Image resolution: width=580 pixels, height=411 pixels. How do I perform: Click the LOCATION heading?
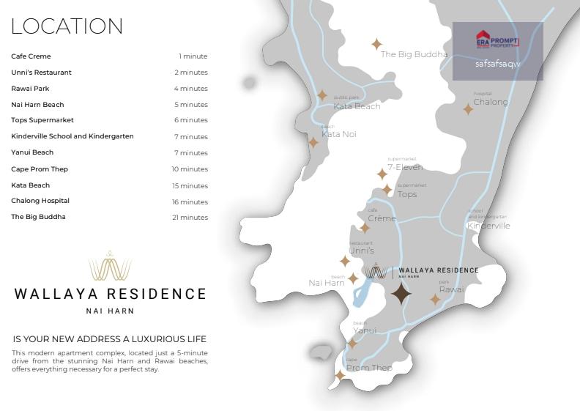67,26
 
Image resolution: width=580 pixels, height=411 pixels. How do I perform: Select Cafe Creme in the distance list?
31,56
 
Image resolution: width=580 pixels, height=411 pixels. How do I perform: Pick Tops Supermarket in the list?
42,120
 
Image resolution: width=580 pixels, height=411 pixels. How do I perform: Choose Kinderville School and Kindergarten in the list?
72,136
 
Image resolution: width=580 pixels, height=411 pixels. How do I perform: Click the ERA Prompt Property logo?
497,40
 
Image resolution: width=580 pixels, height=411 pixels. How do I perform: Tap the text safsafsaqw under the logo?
497,64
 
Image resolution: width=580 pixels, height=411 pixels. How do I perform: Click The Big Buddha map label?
414,54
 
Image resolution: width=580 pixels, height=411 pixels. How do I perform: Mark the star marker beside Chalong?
468,109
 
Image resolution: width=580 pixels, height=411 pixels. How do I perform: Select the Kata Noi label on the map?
339,134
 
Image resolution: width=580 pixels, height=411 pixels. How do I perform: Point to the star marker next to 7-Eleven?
382,174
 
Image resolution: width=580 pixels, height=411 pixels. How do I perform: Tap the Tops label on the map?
407,194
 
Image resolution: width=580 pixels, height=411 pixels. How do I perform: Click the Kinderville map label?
488,226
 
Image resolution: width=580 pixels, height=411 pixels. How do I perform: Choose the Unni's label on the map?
362,251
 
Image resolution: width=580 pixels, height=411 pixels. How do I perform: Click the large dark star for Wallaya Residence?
401,295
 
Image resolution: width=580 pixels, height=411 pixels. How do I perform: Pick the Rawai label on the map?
451,289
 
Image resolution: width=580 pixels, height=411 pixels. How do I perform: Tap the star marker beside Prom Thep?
340,375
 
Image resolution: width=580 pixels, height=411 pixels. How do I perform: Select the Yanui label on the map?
365,330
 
